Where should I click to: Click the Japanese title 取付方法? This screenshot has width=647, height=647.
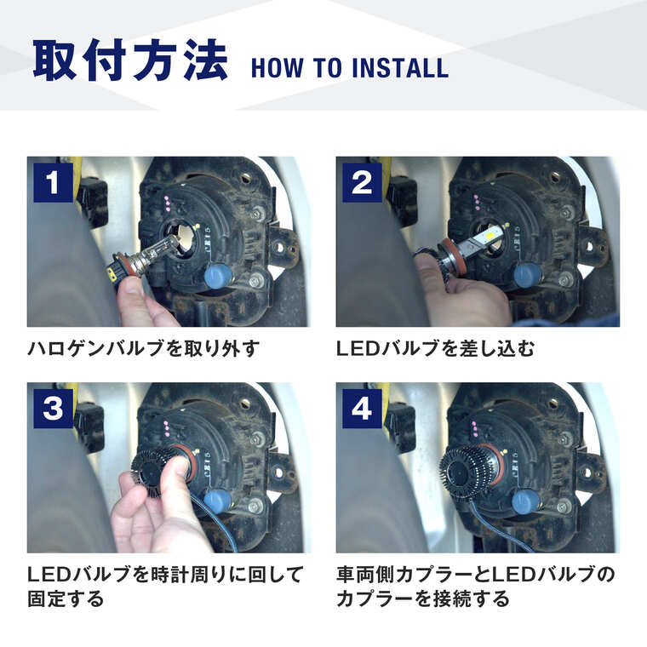pos(130,61)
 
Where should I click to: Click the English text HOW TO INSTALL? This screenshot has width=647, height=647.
pos(349,68)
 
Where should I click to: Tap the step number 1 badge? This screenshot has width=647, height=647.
pos(53,182)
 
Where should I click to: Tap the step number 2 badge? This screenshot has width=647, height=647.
pos(362,182)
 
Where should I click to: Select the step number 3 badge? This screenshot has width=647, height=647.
pos(53,409)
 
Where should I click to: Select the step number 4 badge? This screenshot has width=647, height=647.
pos(362,409)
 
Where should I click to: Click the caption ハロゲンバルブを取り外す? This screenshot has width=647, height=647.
pos(142,348)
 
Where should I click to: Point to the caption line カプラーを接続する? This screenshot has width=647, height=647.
pos(423,599)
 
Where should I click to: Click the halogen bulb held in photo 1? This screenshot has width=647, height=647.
pos(153,255)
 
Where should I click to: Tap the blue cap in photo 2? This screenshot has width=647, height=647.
pos(527,274)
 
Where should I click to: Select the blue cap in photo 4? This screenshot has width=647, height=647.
pos(527,501)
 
